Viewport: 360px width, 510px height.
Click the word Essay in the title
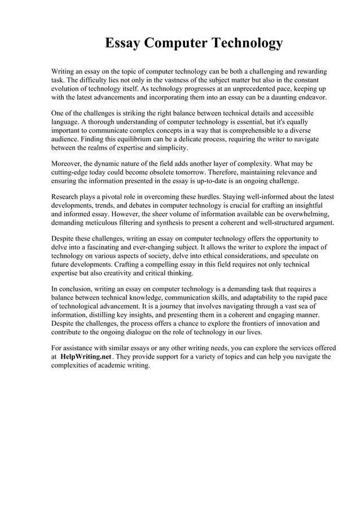(126, 43)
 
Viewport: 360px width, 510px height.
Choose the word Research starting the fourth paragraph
(67, 197)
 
